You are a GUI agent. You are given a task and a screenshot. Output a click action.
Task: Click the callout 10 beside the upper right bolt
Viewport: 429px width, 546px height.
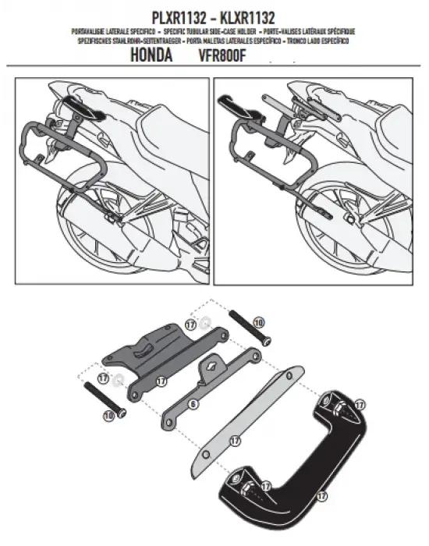pyautogui.click(x=259, y=321)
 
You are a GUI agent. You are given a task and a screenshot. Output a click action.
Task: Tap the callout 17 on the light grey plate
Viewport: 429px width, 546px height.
pyautogui.click(x=234, y=441)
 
